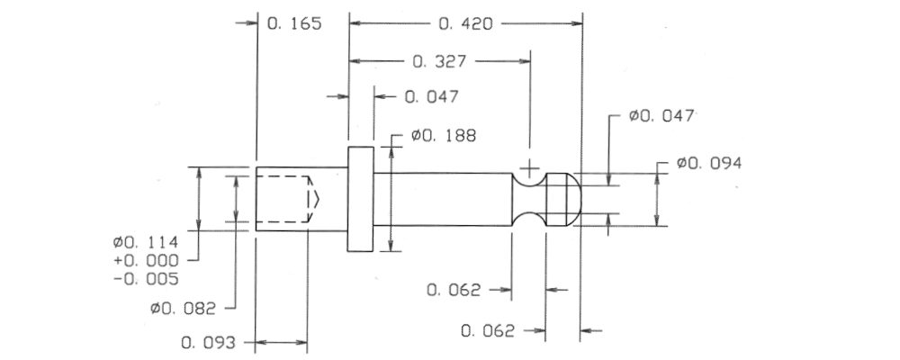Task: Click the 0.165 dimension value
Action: coord(294,24)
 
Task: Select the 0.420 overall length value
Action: coord(465,24)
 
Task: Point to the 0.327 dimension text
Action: coord(440,61)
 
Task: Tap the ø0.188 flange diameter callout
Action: coord(443,136)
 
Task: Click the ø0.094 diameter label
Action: coord(709,163)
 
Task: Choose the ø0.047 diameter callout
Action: coord(661,116)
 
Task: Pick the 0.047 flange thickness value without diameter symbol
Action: coord(432,96)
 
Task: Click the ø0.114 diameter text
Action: coord(146,242)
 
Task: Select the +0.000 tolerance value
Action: coord(146,261)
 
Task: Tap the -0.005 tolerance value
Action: coord(146,280)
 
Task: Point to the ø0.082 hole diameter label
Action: coord(183,309)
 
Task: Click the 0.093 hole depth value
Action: coord(209,343)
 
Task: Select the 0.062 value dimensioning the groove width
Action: coord(454,290)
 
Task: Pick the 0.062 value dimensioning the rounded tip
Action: coord(488,331)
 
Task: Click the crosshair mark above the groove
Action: coord(529,169)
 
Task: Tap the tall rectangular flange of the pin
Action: coord(361,199)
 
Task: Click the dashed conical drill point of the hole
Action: coord(313,199)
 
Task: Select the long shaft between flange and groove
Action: coord(443,199)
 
